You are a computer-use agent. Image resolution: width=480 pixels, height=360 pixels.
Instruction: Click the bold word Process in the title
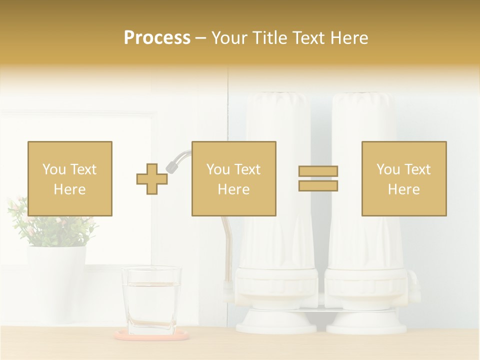click(x=157, y=38)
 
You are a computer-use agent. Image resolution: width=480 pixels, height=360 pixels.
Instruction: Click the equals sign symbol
click(x=318, y=178)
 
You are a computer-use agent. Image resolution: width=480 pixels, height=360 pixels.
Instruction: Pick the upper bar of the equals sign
click(x=318, y=171)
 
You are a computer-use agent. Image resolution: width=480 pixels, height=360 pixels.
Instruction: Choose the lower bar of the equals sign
click(x=318, y=185)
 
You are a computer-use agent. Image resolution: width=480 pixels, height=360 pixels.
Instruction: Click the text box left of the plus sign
click(x=70, y=178)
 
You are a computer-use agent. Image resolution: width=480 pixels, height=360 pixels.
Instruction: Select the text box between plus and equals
click(x=234, y=178)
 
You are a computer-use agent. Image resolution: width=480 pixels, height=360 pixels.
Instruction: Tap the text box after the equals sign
click(x=404, y=178)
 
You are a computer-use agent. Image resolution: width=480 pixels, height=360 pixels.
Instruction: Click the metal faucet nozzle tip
click(x=173, y=166)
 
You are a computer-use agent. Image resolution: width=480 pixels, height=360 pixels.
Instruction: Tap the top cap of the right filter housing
click(x=361, y=100)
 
